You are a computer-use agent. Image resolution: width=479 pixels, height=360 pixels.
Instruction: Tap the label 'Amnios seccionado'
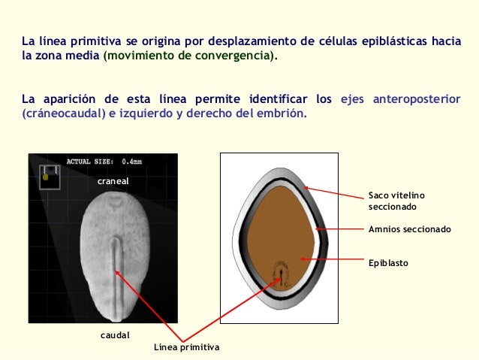(409, 229)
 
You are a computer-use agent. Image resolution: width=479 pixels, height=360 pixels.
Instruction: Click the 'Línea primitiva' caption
(186, 347)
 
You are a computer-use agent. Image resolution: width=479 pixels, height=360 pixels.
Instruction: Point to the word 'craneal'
(114, 182)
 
